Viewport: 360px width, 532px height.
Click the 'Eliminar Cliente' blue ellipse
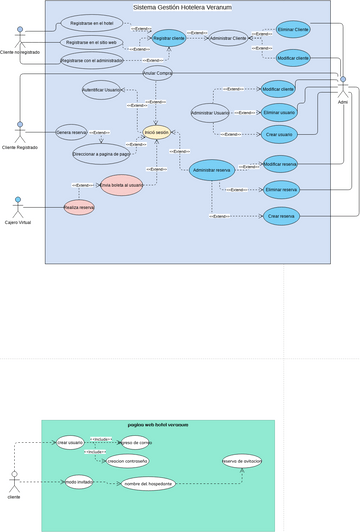click(293, 31)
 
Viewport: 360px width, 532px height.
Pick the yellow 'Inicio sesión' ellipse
click(156, 132)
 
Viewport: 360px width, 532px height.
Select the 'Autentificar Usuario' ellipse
click(102, 91)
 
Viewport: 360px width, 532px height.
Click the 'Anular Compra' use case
click(158, 73)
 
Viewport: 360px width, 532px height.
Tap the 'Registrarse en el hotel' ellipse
click(91, 22)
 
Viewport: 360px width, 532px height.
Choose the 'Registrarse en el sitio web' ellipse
click(90, 43)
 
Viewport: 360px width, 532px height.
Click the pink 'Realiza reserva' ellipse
click(79, 207)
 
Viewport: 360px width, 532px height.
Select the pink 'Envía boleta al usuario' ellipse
click(122, 185)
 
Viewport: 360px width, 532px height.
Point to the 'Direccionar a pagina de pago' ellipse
click(102, 154)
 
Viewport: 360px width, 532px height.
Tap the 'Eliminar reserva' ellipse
click(282, 189)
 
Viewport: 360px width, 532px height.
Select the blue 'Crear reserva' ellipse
click(282, 215)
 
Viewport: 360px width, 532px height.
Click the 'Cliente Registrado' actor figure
click(19, 132)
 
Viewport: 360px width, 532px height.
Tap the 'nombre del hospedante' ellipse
click(149, 483)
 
